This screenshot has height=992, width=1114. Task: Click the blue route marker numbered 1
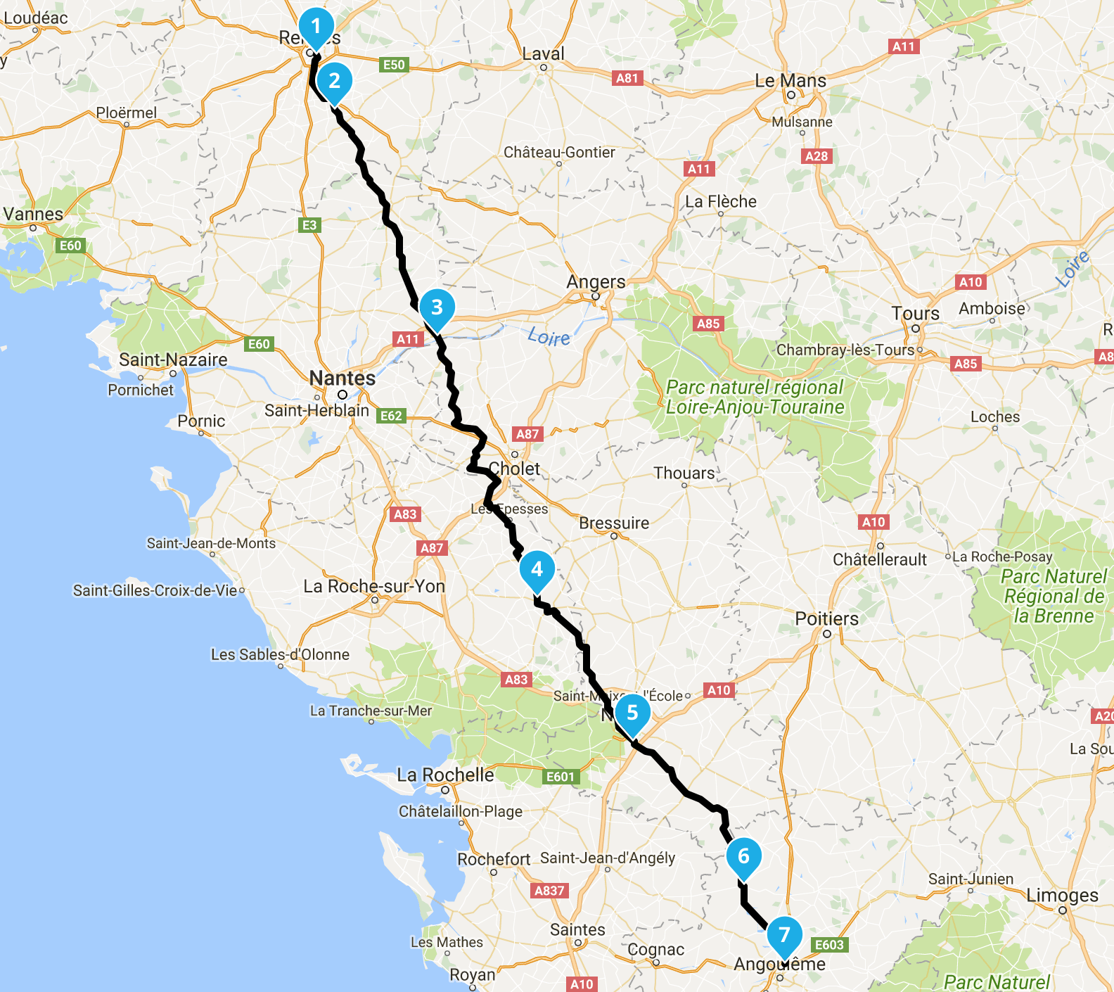click(316, 27)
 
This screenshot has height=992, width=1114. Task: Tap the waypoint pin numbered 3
click(437, 307)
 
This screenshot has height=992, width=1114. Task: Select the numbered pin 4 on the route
click(537, 569)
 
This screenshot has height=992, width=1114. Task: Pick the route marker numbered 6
click(743, 856)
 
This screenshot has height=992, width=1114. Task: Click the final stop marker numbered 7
click(784, 935)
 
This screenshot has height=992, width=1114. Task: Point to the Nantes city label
click(342, 379)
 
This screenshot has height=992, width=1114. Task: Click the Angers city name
click(596, 282)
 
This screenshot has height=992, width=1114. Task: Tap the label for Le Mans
click(790, 81)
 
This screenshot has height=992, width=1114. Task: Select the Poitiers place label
click(826, 619)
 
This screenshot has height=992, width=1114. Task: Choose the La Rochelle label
click(445, 775)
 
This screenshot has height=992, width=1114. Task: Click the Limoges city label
click(1062, 896)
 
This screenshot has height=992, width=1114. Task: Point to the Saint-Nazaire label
click(173, 360)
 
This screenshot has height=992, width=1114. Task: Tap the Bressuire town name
click(614, 523)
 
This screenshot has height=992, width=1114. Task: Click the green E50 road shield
click(394, 65)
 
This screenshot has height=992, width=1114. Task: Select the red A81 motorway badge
click(627, 78)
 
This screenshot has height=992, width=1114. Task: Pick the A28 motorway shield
click(817, 156)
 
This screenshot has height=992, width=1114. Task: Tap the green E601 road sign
click(561, 777)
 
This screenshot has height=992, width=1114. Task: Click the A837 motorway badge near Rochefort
click(549, 891)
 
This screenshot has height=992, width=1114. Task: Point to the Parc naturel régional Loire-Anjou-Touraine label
click(755, 398)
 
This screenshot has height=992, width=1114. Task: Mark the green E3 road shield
click(309, 225)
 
